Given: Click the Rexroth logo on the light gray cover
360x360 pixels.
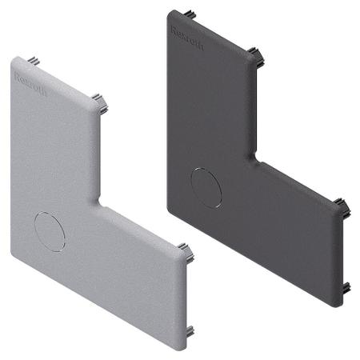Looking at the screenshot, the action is [30, 84].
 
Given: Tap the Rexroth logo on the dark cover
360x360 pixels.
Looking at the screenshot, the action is [187, 38].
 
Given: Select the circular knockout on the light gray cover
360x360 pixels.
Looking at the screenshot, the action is [50, 232].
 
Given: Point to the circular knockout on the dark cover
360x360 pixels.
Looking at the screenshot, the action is [206, 188].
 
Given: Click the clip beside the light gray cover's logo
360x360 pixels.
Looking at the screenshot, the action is [34, 61].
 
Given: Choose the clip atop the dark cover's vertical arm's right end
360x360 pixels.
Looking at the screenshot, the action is [257, 57].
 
